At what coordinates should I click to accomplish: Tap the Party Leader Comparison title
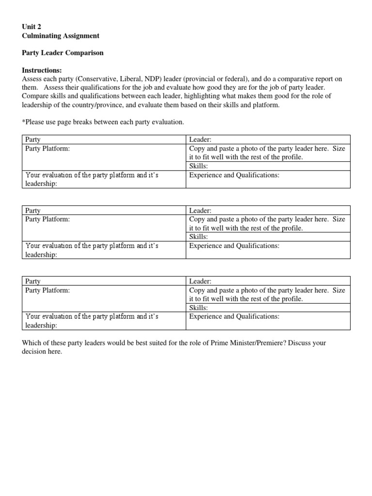coord(63,53)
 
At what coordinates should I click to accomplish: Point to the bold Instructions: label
coord(42,70)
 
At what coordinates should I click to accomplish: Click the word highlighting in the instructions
coord(191,96)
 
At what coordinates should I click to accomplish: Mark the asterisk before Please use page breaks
coord(24,123)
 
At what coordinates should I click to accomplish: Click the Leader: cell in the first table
coord(199,140)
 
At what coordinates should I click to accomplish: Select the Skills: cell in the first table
coord(199,166)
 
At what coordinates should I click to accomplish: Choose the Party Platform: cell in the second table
coord(47,219)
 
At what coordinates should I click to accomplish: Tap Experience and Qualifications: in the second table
coord(234,246)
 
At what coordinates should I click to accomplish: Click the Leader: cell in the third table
coord(199,281)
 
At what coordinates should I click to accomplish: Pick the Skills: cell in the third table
coord(199,308)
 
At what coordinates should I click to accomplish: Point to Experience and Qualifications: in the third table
coord(234,316)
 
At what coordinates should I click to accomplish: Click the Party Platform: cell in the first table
coord(47,149)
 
